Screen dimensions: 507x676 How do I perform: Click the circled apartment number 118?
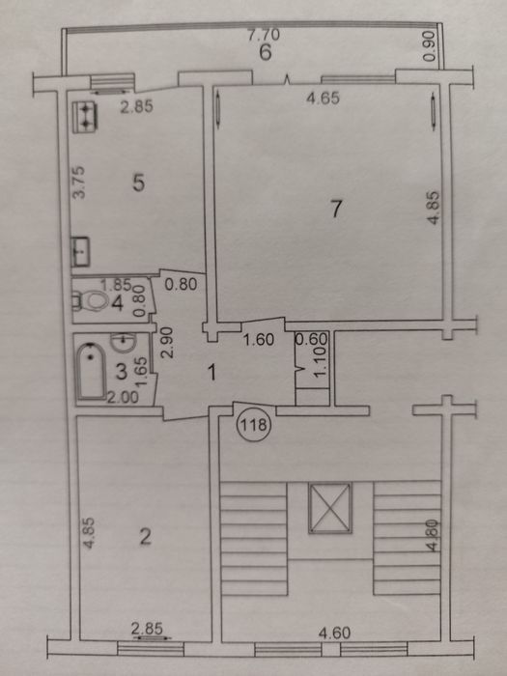point(253,426)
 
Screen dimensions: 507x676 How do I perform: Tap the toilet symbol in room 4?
point(91,300)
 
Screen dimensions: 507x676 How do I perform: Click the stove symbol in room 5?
point(85,117)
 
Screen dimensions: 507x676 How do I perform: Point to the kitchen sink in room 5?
point(80,251)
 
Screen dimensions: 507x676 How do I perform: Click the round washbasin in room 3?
point(124,342)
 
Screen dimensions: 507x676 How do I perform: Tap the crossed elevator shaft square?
point(330,508)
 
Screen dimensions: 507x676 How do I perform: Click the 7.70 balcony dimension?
point(264,35)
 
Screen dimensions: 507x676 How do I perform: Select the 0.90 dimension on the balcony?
point(430,46)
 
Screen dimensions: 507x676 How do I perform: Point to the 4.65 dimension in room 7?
point(323,99)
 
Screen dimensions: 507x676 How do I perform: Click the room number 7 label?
point(336,210)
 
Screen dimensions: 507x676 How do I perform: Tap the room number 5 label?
point(138,183)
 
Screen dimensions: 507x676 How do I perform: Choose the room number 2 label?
point(145,537)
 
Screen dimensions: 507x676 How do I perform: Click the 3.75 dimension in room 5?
point(79,183)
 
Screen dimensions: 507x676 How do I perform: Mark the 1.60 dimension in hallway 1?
point(259,340)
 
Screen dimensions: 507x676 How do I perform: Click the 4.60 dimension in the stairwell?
point(334,633)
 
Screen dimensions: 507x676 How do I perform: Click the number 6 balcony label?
point(266,52)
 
